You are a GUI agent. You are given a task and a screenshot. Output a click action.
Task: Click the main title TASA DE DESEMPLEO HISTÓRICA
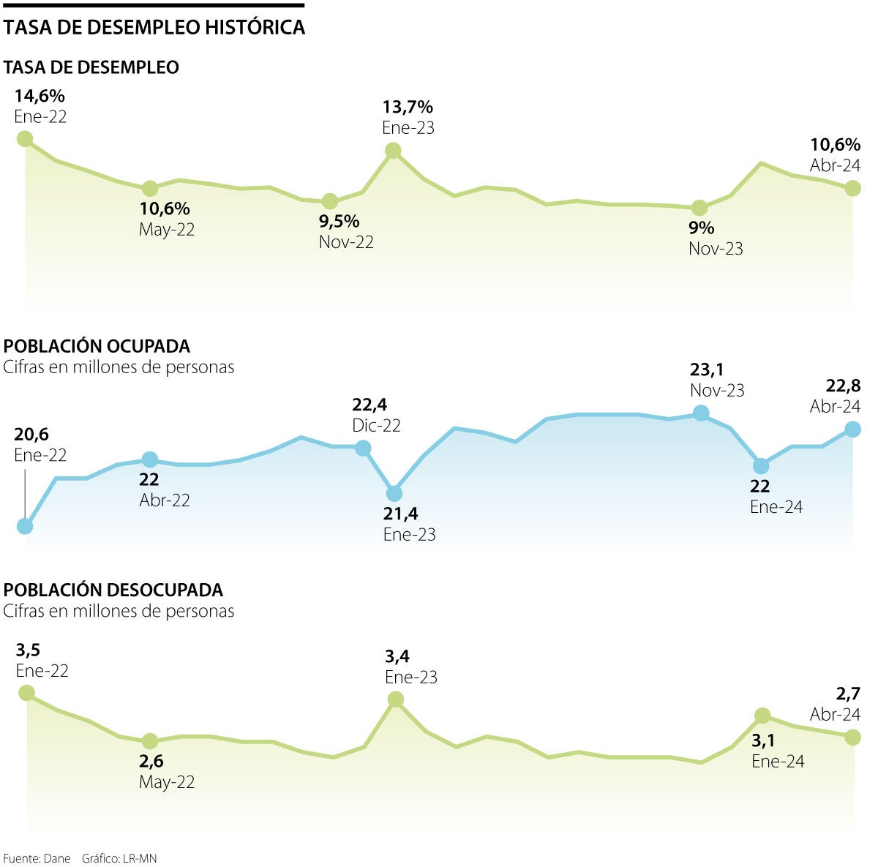click(x=154, y=28)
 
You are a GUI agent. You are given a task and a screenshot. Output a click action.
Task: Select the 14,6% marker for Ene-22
click(x=25, y=139)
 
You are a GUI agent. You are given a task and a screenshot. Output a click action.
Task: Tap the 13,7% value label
click(x=408, y=108)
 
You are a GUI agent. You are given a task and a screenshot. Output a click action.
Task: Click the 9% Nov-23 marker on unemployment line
click(x=699, y=208)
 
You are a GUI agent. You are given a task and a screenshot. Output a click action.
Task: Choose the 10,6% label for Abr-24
click(x=835, y=145)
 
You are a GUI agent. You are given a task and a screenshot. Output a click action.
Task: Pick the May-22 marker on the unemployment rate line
click(x=149, y=188)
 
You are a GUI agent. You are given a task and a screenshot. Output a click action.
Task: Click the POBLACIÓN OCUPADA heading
click(x=97, y=346)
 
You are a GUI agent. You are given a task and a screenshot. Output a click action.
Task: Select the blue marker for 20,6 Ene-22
click(x=25, y=526)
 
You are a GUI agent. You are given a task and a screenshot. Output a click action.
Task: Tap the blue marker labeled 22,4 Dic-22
click(x=363, y=448)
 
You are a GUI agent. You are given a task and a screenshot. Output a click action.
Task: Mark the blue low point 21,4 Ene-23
click(x=394, y=494)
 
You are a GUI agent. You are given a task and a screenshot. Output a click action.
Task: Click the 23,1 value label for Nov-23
click(x=707, y=370)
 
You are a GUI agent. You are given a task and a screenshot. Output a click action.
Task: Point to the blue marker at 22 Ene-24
click(x=761, y=466)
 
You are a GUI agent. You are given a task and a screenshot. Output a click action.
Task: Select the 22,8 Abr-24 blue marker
click(x=852, y=429)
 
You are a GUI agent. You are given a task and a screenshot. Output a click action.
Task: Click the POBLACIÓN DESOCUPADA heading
click(x=113, y=590)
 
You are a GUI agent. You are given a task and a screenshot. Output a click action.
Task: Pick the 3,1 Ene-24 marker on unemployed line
click(x=762, y=716)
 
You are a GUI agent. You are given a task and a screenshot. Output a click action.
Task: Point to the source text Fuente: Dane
click(x=37, y=858)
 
